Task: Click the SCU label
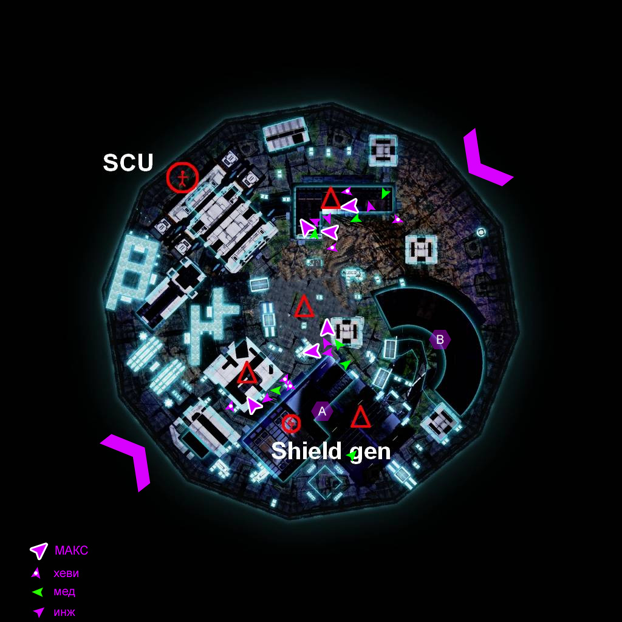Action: click(128, 162)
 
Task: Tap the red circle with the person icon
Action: click(182, 177)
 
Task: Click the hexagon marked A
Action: click(322, 411)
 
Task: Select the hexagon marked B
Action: click(440, 340)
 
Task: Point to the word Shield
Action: click(306, 451)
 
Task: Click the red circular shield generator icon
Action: click(291, 423)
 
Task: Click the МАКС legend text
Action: click(72, 550)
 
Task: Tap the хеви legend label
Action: click(66, 573)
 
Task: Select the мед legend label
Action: click(64, 592)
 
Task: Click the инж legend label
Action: click(64, 612)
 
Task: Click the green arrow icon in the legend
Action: click(38, 592)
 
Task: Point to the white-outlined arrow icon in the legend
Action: click(39, 550)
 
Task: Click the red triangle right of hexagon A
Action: click(361, 417)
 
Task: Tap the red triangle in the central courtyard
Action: click(304, 306)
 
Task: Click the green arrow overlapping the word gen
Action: click(352, 456)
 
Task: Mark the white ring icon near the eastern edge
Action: click(481, 232)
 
